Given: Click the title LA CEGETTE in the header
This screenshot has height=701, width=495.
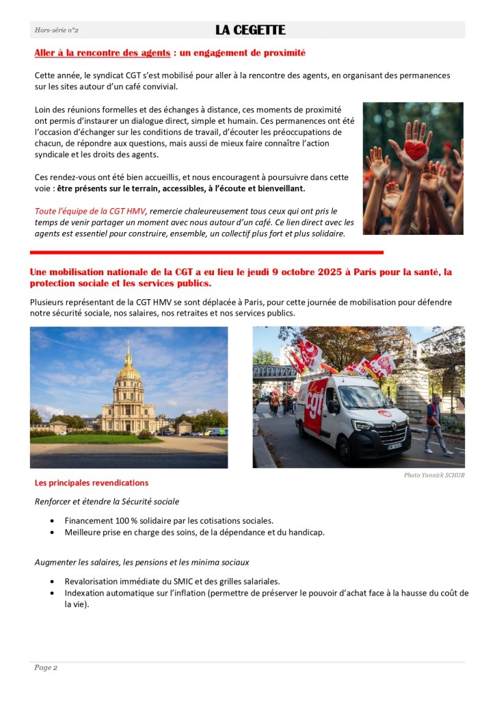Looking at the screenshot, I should coord(250,30).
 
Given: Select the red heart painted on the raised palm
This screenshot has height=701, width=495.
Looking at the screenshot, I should coord(415,150).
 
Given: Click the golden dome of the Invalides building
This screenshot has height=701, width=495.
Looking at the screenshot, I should coord(128,370).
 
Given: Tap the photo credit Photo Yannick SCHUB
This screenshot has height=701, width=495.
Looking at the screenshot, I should coord(433,475).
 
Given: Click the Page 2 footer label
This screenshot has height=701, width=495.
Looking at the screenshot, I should coord(46,667).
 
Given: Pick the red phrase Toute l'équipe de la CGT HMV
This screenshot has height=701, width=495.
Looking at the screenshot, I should coord(90,211).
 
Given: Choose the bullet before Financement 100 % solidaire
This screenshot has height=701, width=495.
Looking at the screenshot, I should coord(53,521).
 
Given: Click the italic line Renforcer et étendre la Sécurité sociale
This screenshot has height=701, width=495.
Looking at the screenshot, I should coord(107,502).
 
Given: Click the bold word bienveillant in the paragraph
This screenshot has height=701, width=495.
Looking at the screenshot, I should coord(276,188).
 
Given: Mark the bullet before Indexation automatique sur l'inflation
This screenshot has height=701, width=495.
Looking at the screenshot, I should coord(53,593).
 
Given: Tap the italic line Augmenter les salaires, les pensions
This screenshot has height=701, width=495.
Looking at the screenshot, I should coord(142,562).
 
